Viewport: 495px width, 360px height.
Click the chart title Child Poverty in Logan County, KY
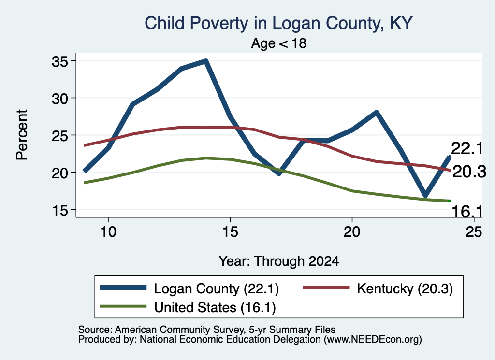[278, 23]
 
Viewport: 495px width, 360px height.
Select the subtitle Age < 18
[279, 43]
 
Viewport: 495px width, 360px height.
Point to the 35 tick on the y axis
[60, 61]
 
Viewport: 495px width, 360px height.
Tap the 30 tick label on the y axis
[60, 99]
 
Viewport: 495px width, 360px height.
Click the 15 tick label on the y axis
[60, 210]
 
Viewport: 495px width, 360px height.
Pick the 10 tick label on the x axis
[108, 232]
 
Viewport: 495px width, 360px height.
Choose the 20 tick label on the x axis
[352, 232]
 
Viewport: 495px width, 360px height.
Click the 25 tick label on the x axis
[474, 232]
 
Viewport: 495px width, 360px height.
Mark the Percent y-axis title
[22, 135]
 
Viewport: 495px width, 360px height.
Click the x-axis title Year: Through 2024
[279, 261]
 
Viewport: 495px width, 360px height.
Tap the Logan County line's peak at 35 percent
[206, 61]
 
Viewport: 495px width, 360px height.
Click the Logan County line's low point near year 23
[425, 195]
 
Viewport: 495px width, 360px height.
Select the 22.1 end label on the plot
[467, 148]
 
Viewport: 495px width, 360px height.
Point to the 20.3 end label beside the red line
[469, 172]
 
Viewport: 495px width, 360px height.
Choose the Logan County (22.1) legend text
[216, 288]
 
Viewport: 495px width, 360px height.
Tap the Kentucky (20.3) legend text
[405, 288]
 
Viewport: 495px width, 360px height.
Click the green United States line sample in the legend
[123, 306]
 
